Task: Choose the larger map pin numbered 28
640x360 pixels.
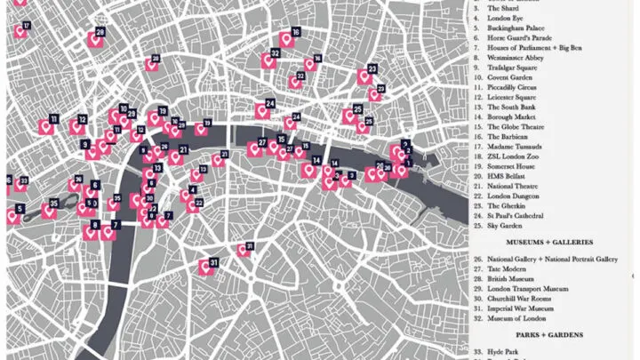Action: click(x=92, y=38)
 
